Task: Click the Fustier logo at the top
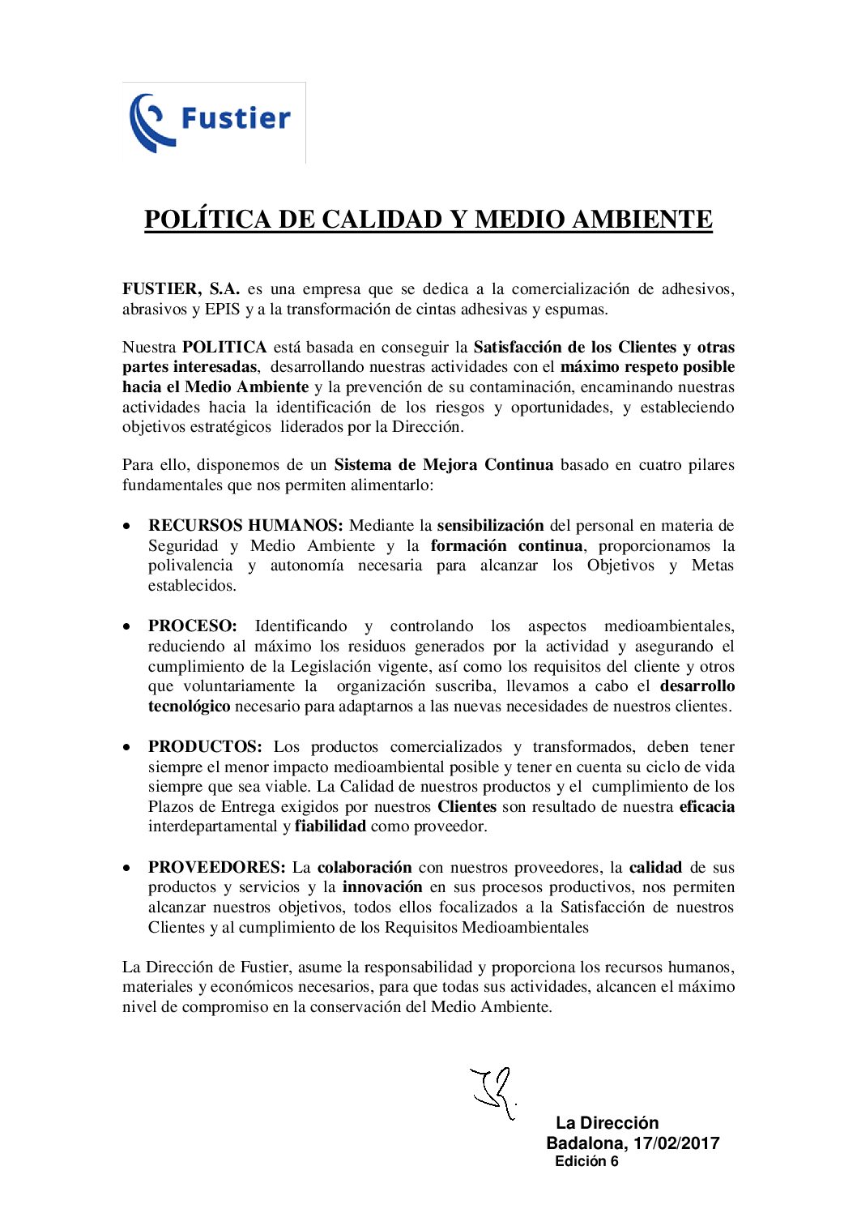[213, 122]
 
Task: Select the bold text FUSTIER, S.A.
[181, 289]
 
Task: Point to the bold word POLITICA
[224, 348]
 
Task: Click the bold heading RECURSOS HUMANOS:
[245, 526]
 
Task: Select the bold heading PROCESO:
[192, 626]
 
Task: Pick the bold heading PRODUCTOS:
[205, 747]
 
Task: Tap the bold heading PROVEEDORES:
[216, 868]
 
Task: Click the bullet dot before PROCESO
[126, 627]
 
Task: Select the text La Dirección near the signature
[607, 1123]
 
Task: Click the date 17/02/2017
[676, 1143]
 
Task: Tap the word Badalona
[586, 1143]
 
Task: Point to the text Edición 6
[586, 1161]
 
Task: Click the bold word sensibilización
[490, 526]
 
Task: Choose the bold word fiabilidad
[330, 826]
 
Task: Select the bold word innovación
[382, 887]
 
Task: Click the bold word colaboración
[365, 868]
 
